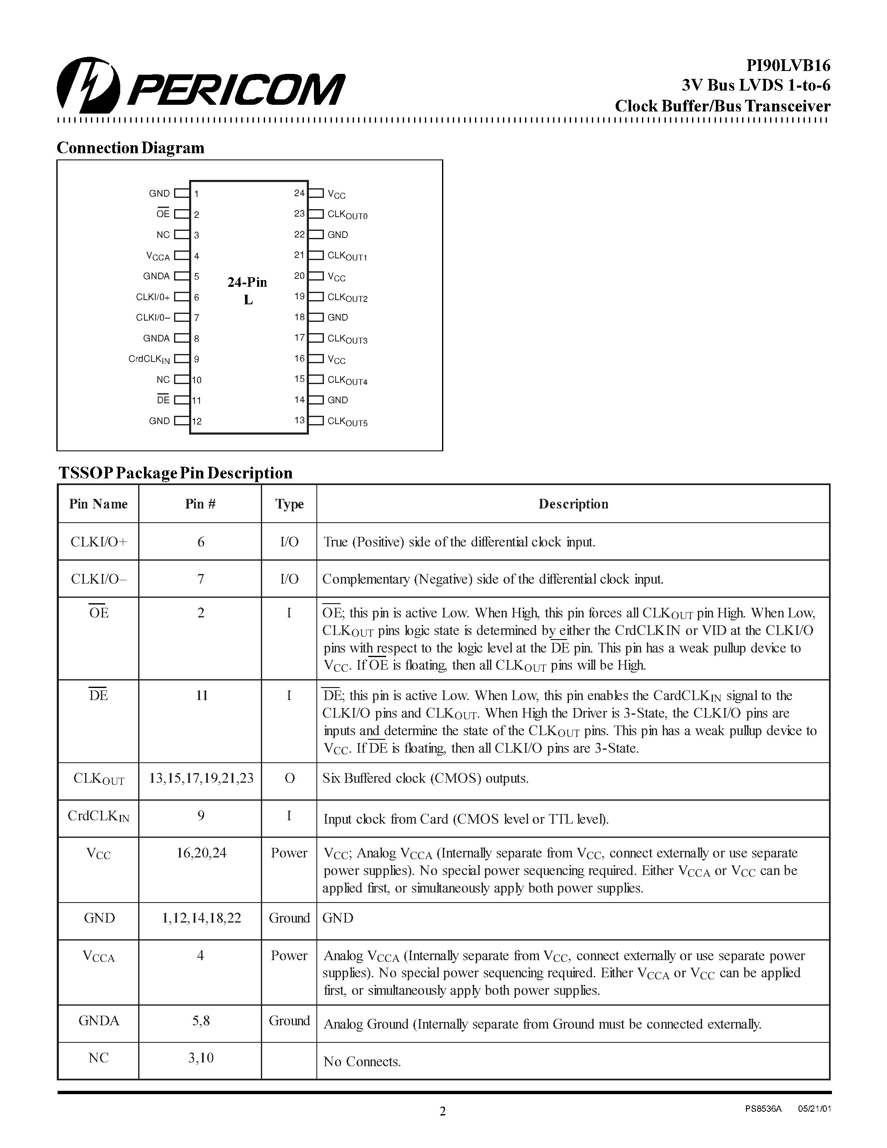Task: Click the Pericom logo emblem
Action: click(88, 86)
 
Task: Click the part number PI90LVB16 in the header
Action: click(788, 66)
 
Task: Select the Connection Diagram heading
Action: click(130, 148)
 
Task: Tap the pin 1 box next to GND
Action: click(181, 193)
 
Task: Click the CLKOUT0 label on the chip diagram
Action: click(347, 215)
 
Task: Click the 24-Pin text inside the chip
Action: click(247, 282)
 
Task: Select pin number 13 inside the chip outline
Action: click(299, 420)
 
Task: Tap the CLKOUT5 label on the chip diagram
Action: click(347, 422)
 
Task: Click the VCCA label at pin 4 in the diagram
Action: click(158, 256)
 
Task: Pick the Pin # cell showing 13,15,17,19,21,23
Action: click(201, 779)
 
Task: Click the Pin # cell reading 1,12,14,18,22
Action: click(201, 918)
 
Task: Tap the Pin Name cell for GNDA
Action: click(99, 1020)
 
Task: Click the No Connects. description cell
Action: click(362, 1061)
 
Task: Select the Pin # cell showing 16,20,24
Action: click(201, 852)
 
